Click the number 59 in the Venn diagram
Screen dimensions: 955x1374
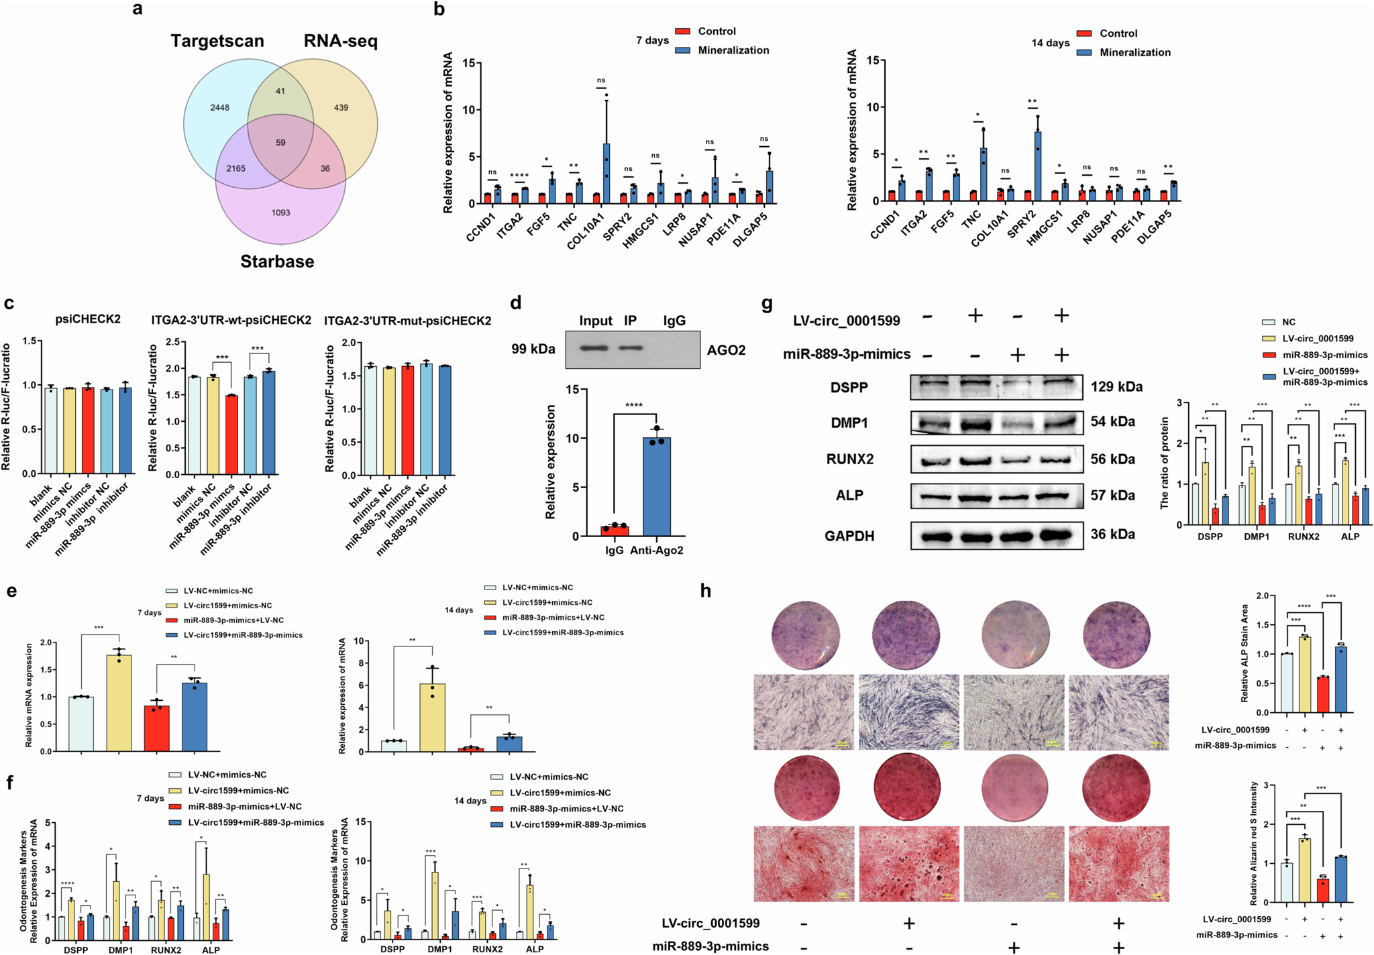pyautogui.click(x=280, y=142)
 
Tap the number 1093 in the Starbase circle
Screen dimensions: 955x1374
pyautogui.click(x=280, y=213)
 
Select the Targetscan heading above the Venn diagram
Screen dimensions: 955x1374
pyautogui.click(x=217, y=41)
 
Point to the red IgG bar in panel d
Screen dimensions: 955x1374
pyautogui.click(x=615, y=530)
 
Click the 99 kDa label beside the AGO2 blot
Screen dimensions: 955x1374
pyautogui.click(x=533, y=349)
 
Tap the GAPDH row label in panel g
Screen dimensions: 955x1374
pyautogui.click(x=849, y=536)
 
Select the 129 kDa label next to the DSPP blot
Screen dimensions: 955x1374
pyautogui.click(x=1116, y=386)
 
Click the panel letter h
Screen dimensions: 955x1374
pyautogui.click(x=706, y=591)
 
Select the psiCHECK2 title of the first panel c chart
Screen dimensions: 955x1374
pyautogui.click(x=88, y=319)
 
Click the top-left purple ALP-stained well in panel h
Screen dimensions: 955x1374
pyautogui.click(x=805, y=634)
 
